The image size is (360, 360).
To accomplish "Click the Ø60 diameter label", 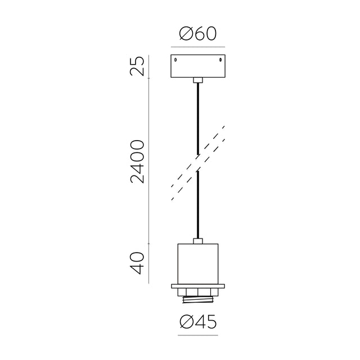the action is tap(197, 34).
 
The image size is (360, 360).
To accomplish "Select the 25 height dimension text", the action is tap(137, 66).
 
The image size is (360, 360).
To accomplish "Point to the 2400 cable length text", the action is tap(137, 161).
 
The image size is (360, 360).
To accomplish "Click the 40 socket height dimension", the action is tap(137, 263).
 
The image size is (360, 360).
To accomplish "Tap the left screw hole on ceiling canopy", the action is tap(175, 60).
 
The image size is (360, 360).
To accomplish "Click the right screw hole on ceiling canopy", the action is tap(220, 60).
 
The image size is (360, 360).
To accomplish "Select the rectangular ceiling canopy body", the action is tap(198, 66).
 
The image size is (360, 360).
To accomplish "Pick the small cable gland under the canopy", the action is tap(198, 80).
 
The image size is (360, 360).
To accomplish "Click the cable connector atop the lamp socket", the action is tap(198, 241).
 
